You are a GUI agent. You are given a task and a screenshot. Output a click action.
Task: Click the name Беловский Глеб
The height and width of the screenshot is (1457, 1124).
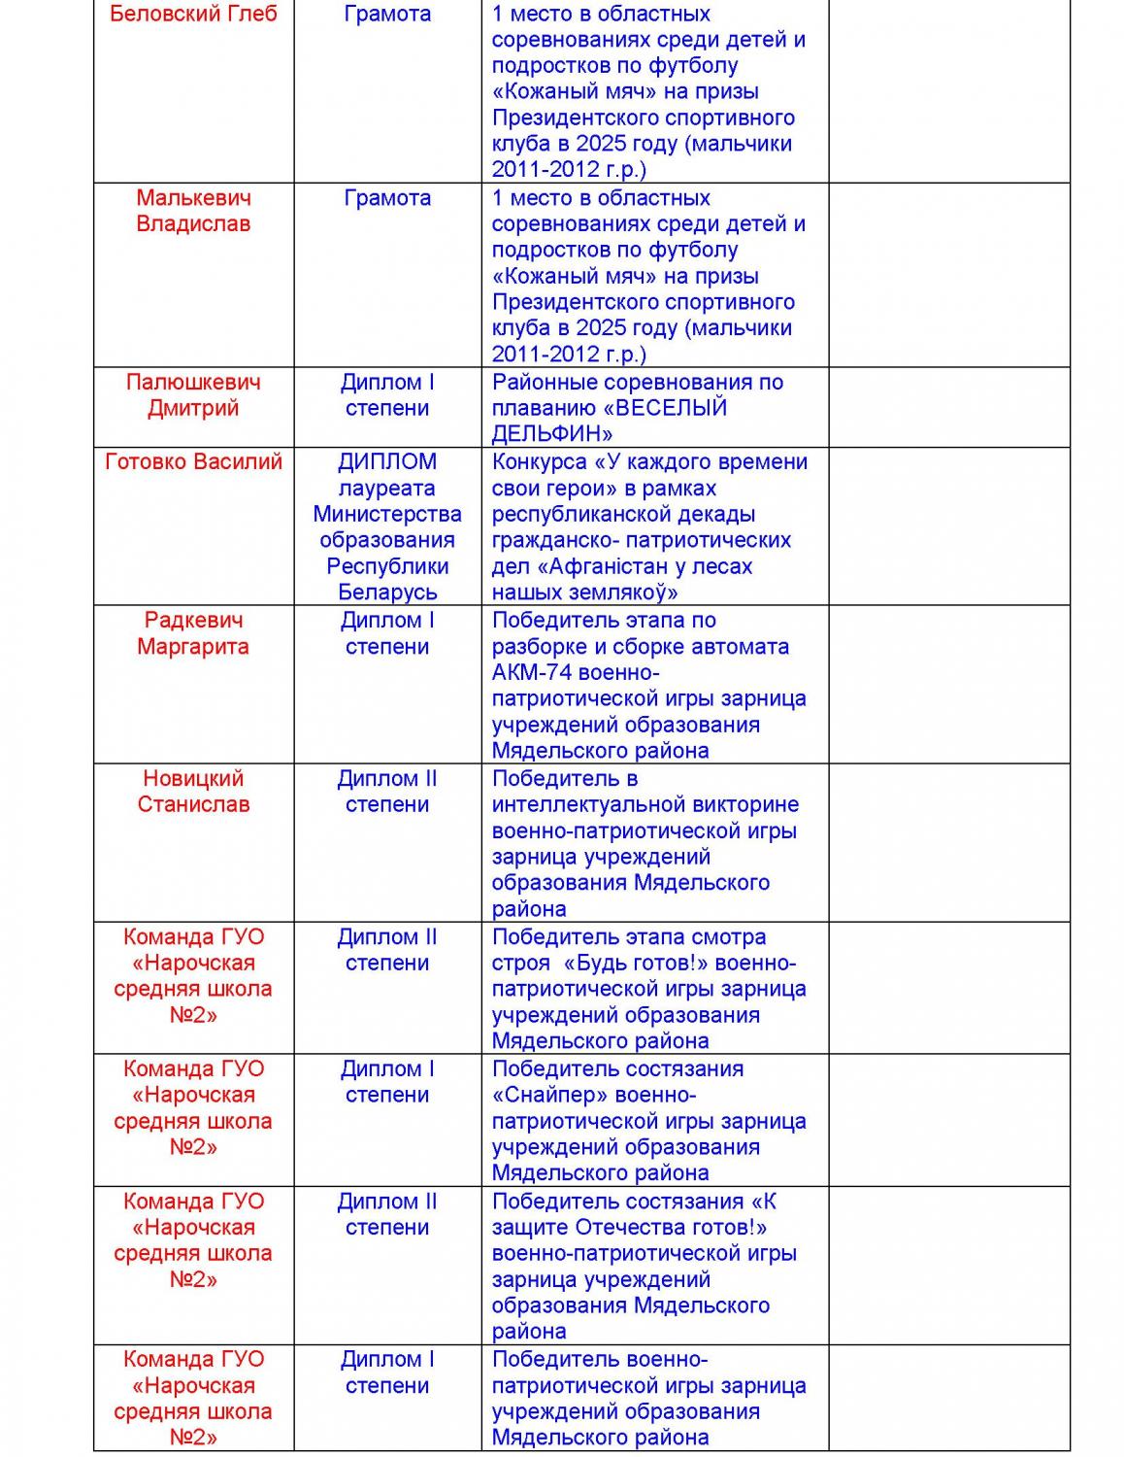193,15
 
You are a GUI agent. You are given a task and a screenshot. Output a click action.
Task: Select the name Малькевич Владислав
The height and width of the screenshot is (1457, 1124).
193,211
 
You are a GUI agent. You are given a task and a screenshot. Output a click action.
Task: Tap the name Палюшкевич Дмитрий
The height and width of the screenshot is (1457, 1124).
193,395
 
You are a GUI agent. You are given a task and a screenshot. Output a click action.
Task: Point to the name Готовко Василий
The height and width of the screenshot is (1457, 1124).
193,462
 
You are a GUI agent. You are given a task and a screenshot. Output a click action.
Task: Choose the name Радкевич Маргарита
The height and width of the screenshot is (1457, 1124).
193,633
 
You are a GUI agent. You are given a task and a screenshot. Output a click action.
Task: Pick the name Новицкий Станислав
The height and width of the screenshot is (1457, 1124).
193,792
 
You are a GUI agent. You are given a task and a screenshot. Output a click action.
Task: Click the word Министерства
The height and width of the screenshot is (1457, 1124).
387,515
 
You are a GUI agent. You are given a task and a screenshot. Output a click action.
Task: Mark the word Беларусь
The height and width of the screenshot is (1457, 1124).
387,593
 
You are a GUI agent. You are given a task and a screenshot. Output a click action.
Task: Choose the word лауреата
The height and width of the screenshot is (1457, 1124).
387,489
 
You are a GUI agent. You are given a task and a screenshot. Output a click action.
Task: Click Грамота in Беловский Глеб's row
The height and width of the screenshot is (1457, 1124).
387,15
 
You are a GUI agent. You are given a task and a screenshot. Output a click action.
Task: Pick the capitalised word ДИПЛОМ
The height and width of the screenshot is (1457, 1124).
387,462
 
